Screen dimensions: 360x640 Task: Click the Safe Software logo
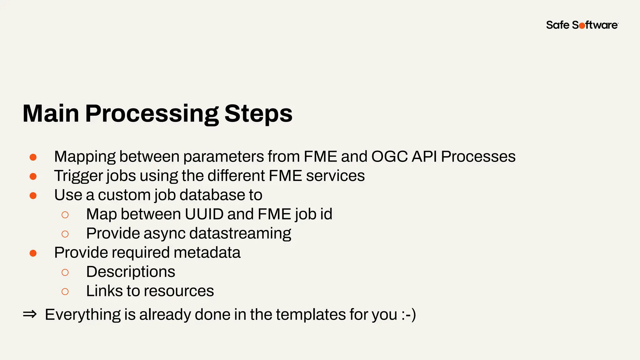tap(582, 25)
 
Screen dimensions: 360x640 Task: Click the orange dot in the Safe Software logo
tap(582, 26)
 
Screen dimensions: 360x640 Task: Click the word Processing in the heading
tap(152, 114)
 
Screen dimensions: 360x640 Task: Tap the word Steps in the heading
tap(258, 114)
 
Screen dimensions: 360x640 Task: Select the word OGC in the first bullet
tap(389, 156)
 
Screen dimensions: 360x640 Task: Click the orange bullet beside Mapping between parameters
tap(33, 157)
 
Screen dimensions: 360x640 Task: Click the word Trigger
tap(78, 176)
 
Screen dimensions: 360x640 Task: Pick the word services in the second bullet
tap(335, 176)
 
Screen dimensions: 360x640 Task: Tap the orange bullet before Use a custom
tap(33, 196)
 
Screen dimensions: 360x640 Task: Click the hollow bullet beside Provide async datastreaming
tap(65, 234)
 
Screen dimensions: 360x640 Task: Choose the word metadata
tap(207, 252)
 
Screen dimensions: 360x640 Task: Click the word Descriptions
tap(131, 272)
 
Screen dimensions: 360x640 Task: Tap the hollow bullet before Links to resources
tap(65, 292)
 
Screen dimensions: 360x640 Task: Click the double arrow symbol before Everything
tap(30, 314)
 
